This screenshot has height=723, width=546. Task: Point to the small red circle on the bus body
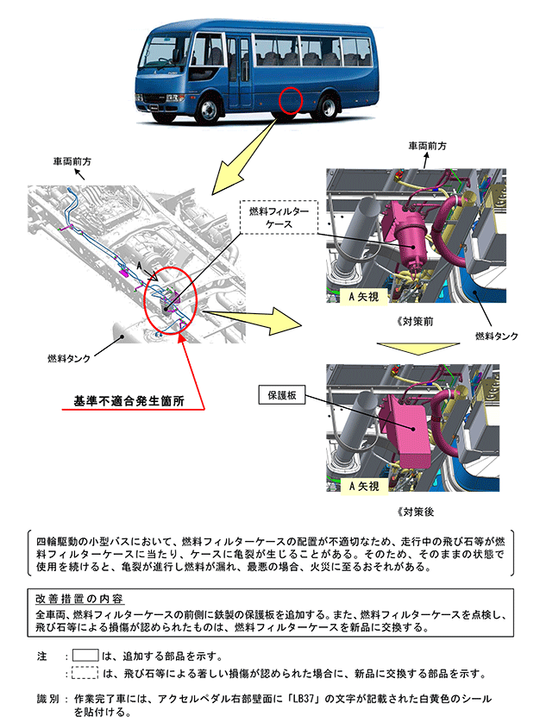click(x=292, y=100)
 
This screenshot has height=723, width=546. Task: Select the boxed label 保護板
click(x=278, y=395)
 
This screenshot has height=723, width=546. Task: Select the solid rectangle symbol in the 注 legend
click(x=85, y=655)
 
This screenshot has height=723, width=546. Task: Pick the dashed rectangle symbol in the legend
click(x=85, y=672)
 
